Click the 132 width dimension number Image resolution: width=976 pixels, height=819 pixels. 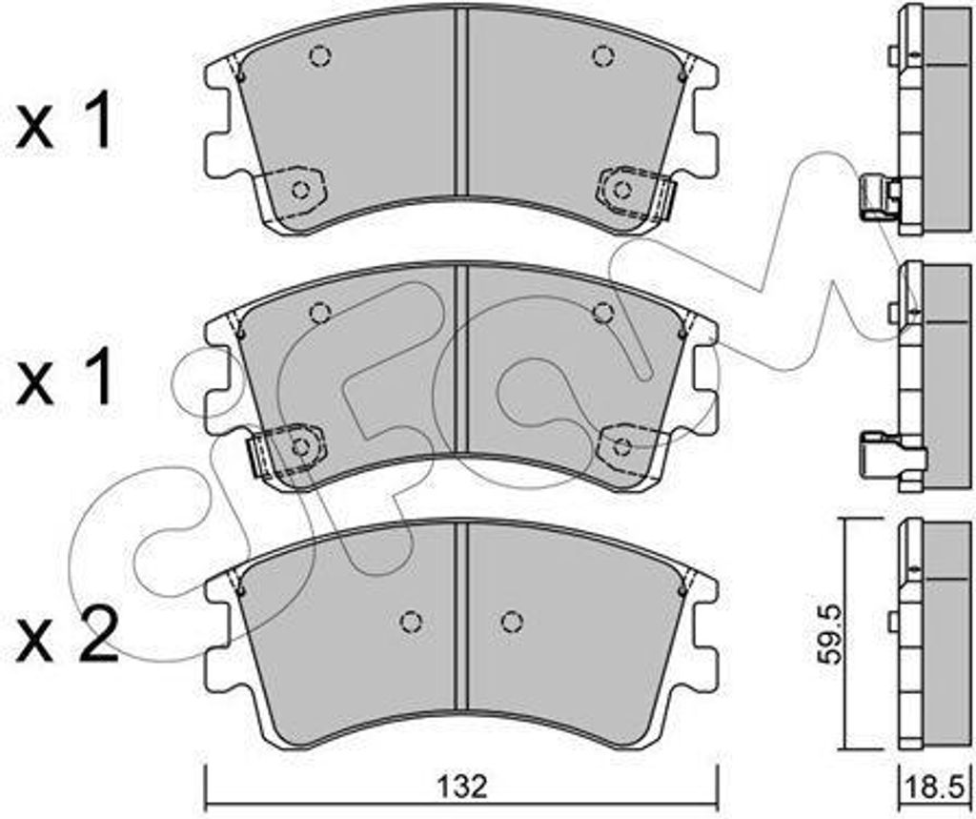coord(463,787)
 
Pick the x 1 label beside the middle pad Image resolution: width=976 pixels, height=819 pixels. coord(65,378)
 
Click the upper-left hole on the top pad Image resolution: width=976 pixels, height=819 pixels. coord(319,56)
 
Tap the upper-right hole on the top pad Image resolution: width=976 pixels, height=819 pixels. coord(601,56)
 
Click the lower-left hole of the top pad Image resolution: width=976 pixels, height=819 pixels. coord(301,189)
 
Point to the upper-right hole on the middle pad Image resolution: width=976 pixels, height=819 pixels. coord(602,312)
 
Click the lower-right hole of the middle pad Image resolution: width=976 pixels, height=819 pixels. coord(622,445)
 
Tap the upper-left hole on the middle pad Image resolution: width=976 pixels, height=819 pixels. coord(320,312)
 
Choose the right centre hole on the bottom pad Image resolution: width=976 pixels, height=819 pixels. coord(512,621)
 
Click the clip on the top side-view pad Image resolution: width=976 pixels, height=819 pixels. coord(878,197)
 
